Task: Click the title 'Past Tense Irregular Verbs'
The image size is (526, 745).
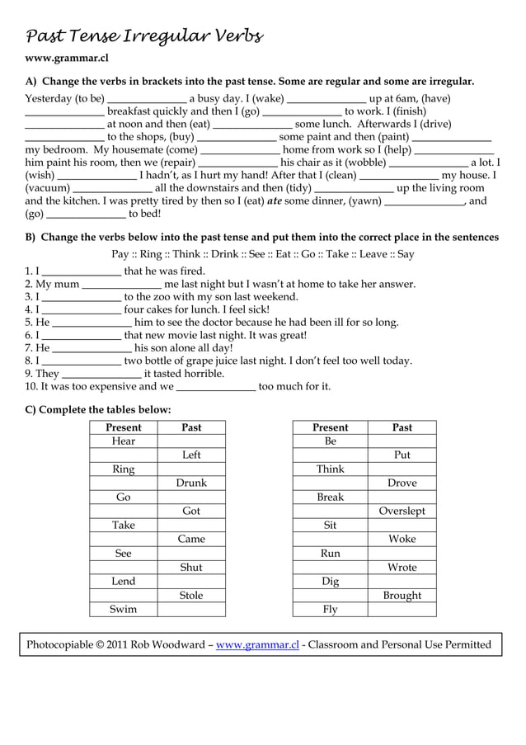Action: click(145, 36)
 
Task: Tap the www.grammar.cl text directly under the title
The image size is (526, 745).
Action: click(66, 59)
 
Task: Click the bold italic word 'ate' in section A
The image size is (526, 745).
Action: click(275, 200)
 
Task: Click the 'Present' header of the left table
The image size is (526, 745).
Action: click(123, 427)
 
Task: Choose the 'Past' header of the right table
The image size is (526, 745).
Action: click(402, 427)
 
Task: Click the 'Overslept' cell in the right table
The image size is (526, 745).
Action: click(402, 511)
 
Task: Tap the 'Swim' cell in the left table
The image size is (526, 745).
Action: click(123, 609)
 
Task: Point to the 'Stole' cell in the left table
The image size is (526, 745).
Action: click(191, 595)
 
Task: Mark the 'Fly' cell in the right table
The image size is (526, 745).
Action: click(330, 609)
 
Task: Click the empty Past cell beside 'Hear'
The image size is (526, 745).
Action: click(191, 441)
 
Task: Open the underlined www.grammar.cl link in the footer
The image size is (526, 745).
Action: click(257, 645)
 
